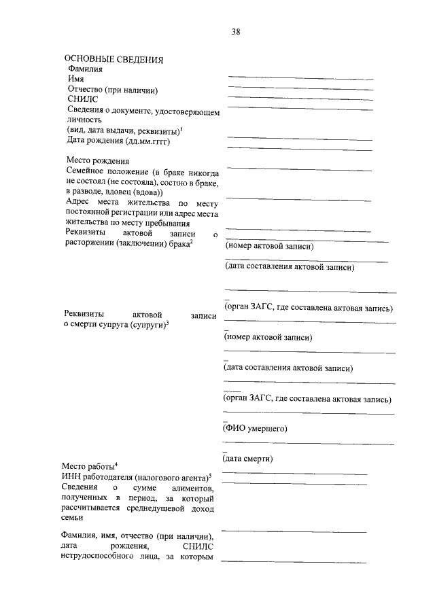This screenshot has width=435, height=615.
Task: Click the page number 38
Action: click(235, 32)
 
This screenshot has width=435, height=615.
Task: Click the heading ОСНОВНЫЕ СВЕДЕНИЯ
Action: click(114, 60)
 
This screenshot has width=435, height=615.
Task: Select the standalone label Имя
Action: click(75, 80)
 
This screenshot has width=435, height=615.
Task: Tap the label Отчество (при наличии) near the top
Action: click(112, 90)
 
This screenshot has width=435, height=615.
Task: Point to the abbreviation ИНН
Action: click(71, 477)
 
